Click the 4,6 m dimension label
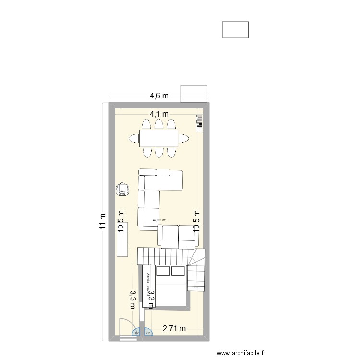pos(159,96)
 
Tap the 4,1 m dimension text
pos(159,114)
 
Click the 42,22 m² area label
pos(159,221)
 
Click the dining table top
pos(159,138)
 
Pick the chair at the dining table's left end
pos(133,139)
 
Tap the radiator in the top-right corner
pos(199,123)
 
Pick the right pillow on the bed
pos(178,271)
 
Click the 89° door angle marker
pos(136,332)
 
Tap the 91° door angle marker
pos(148,332)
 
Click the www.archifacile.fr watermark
pos(241,353)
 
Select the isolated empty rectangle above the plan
pos(235,30)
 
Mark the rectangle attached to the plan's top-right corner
pos(194,94)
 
